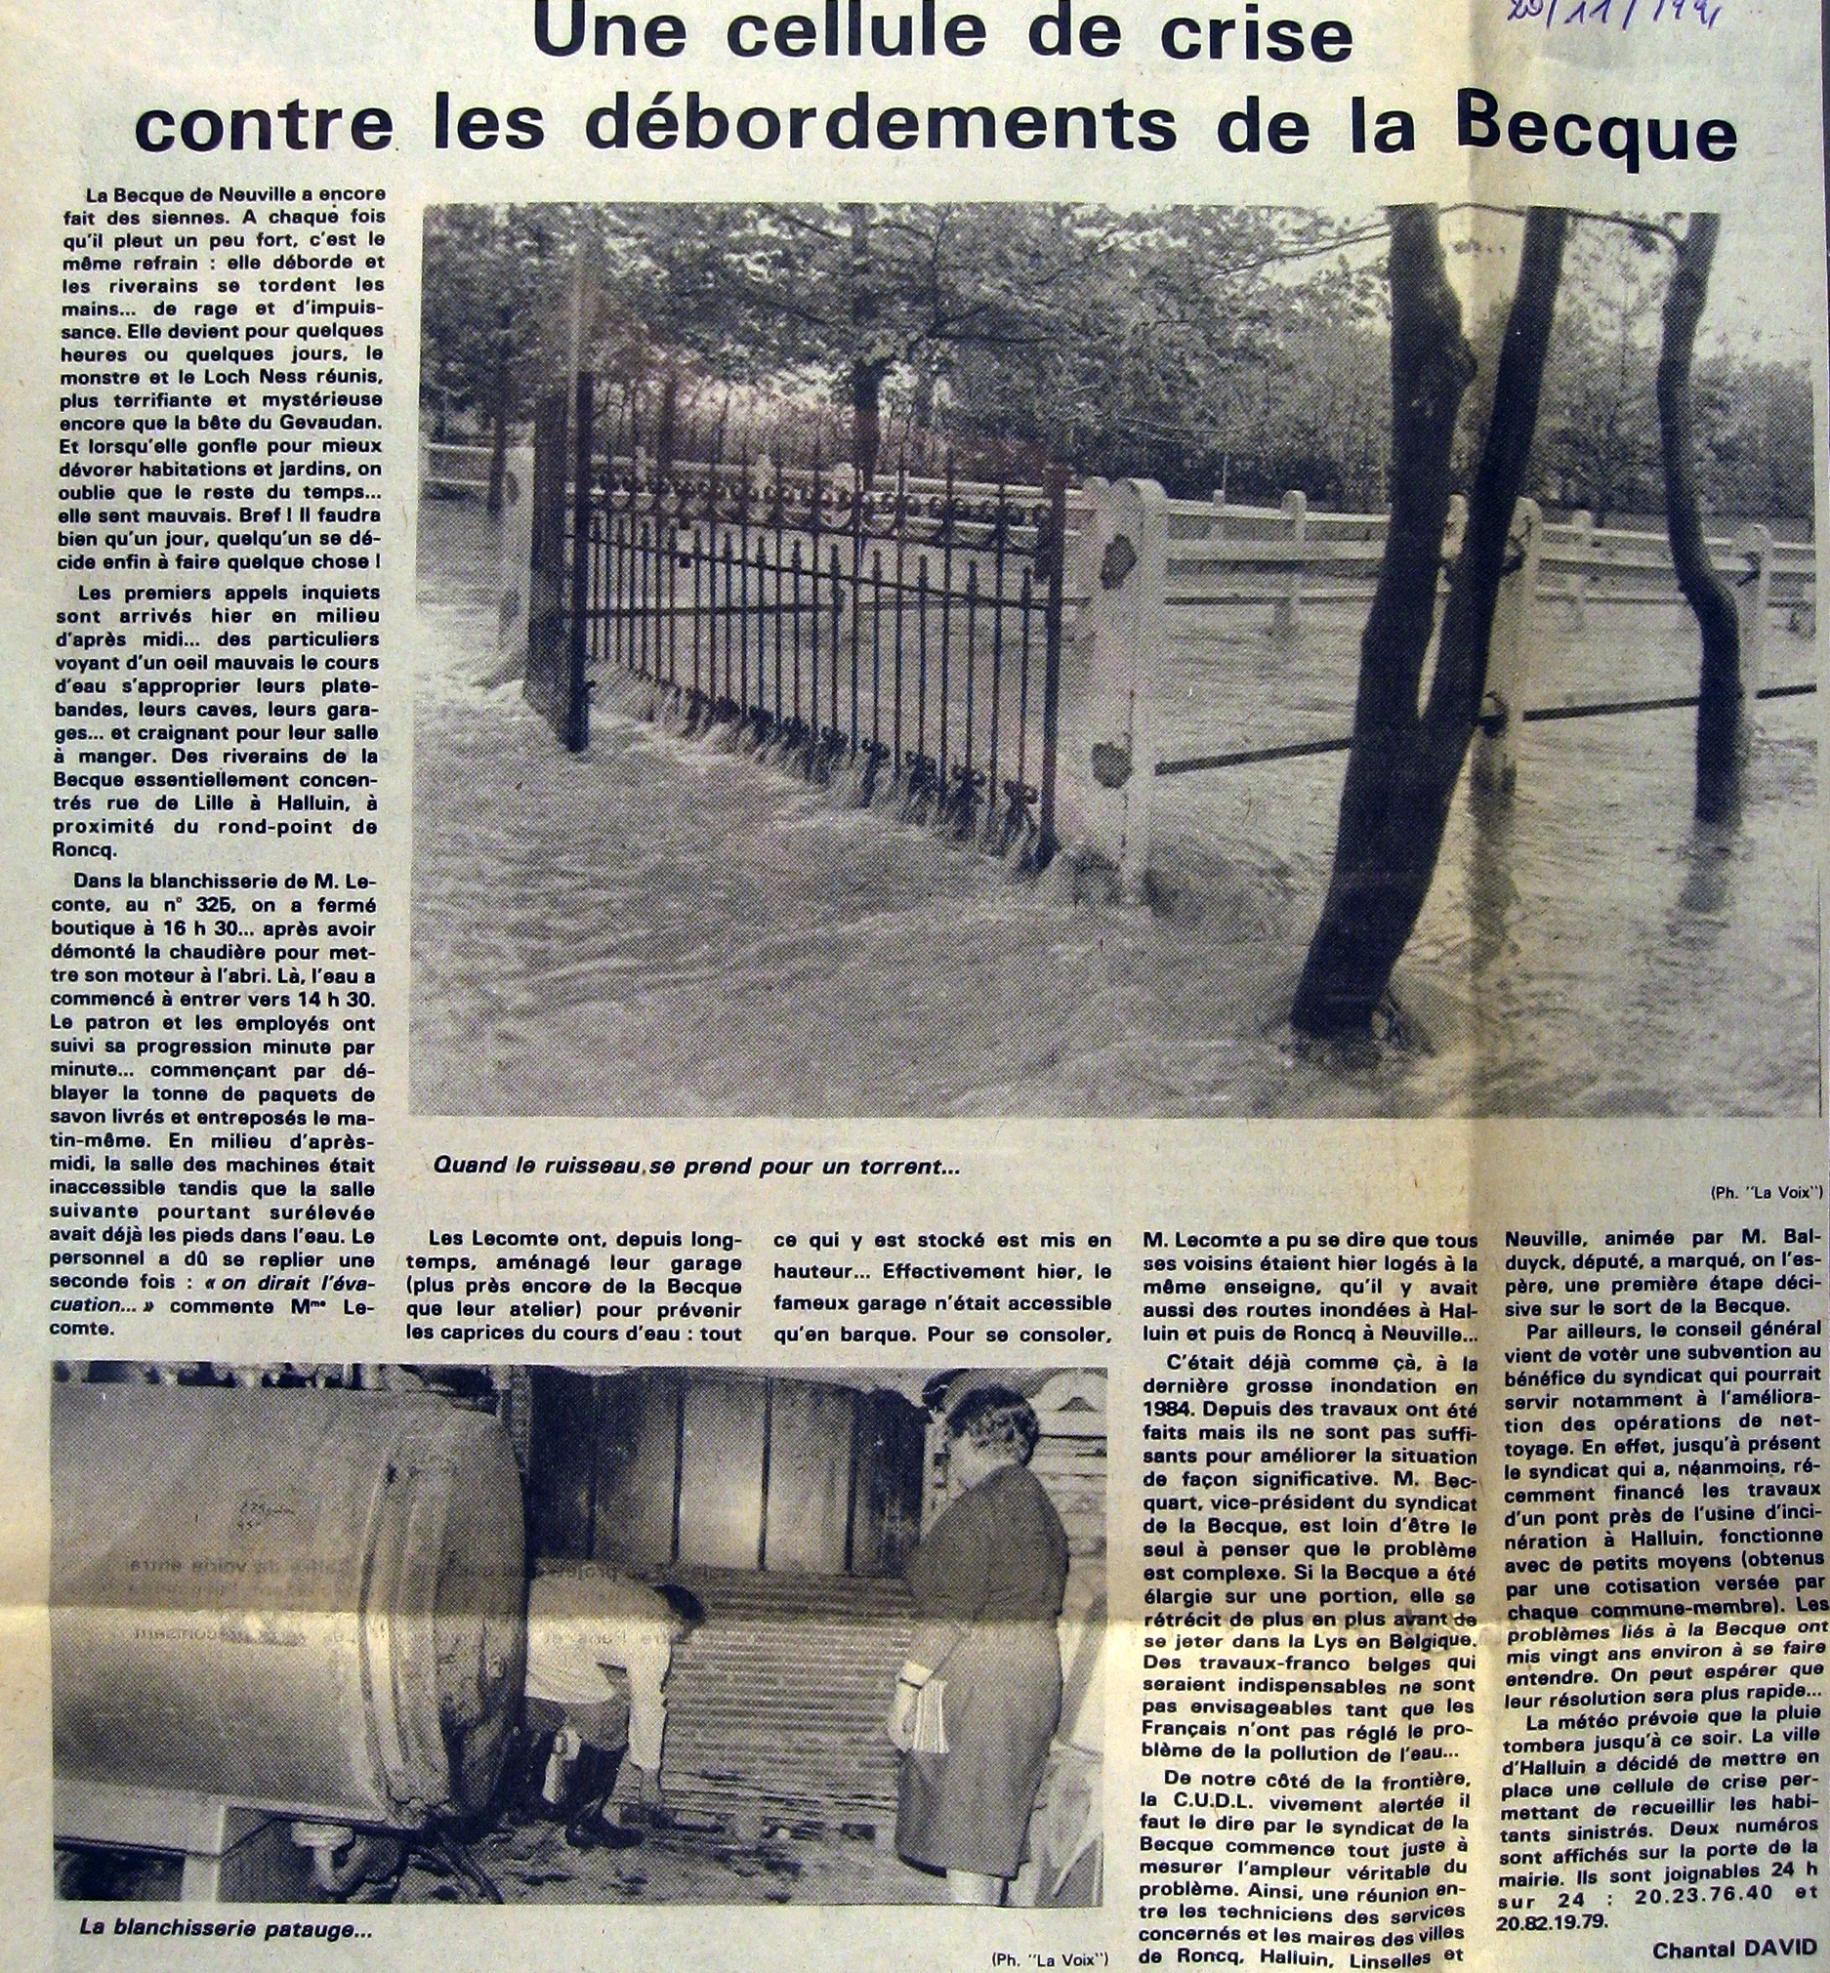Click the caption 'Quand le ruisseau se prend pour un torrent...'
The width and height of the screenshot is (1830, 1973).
pyautogui.click(x=696, y=1168)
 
